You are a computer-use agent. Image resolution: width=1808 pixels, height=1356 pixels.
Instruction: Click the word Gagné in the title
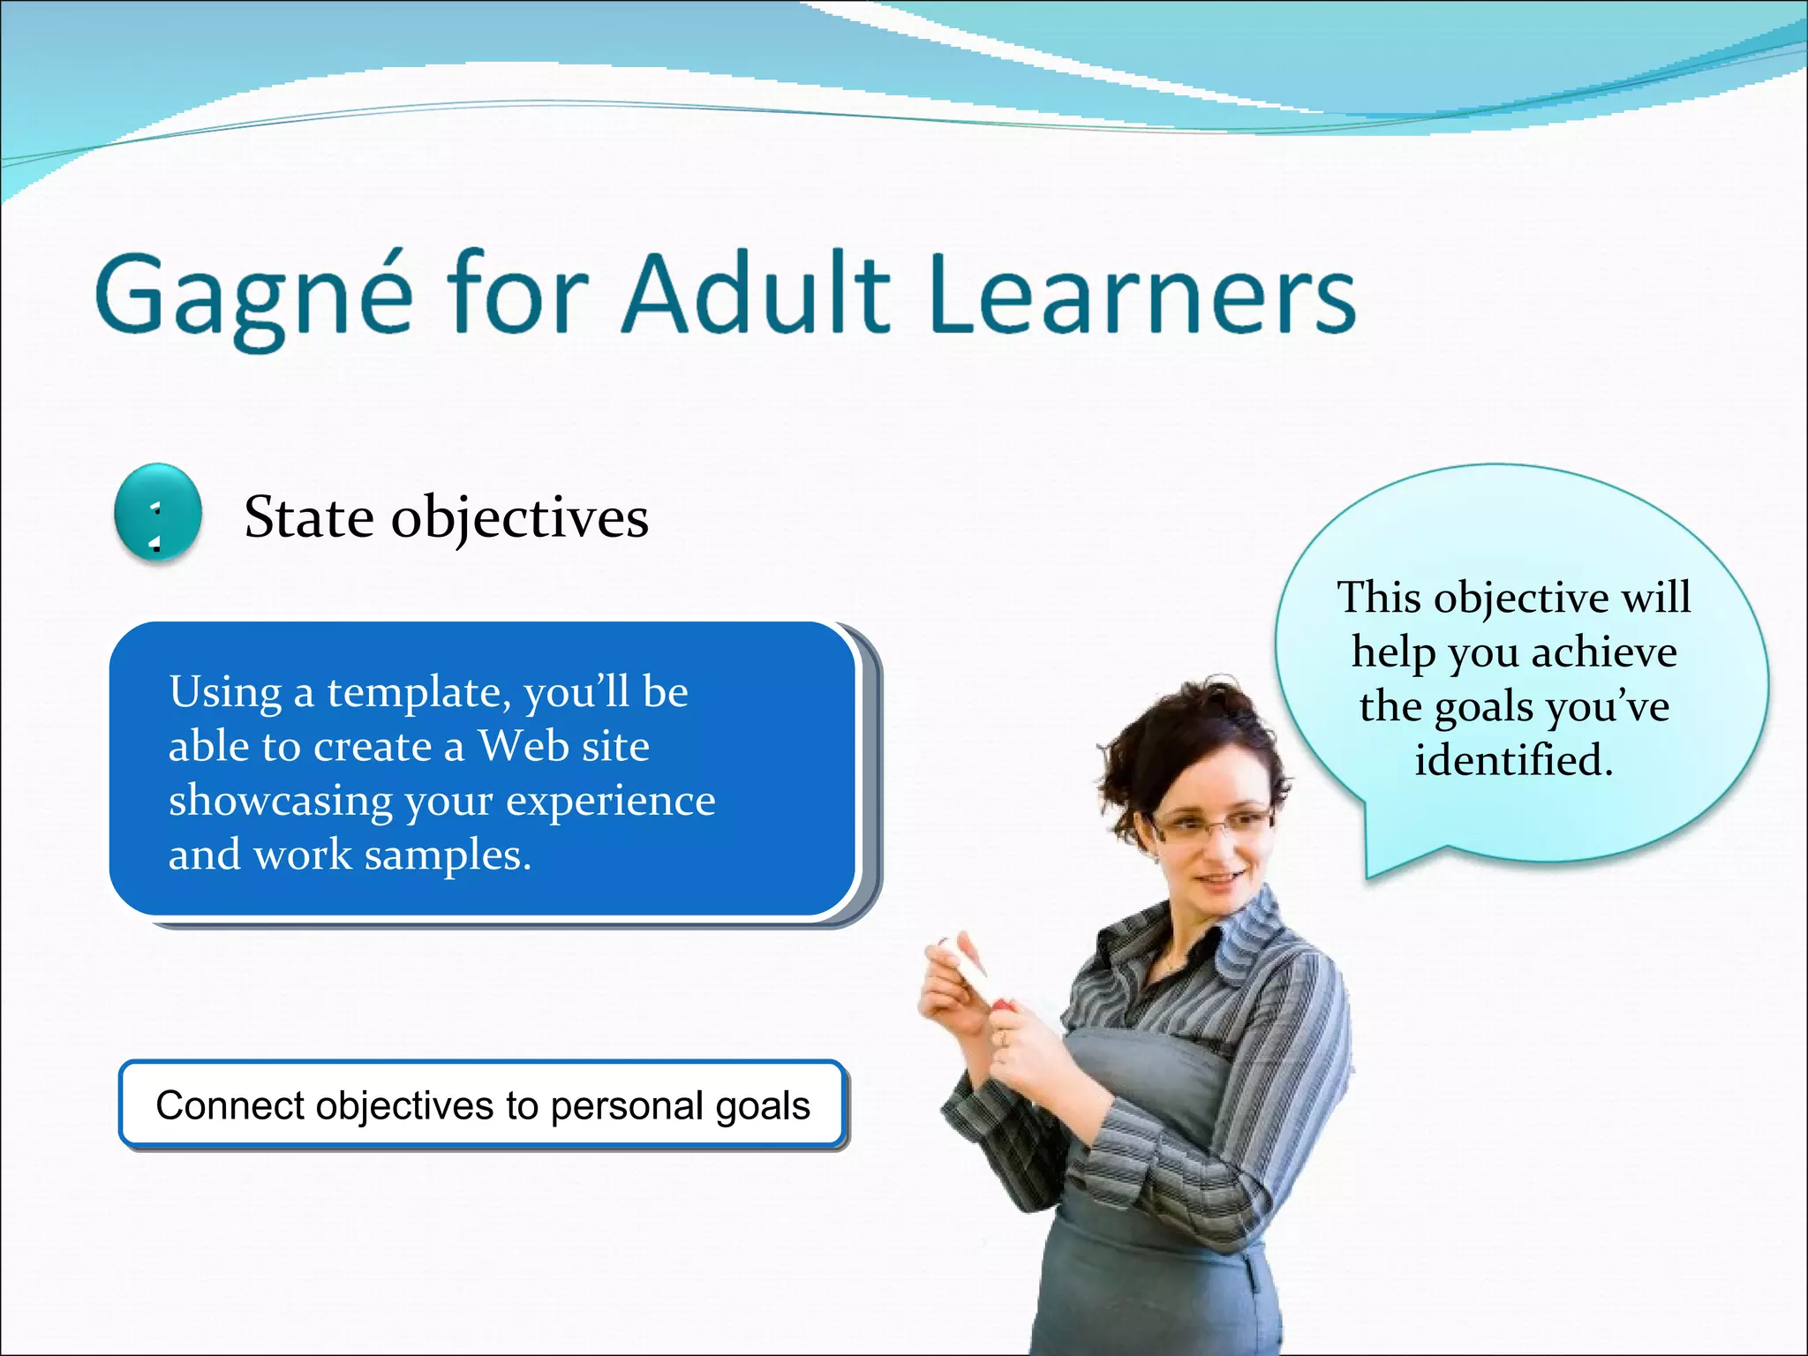pyautogui.click(x=253, y=296)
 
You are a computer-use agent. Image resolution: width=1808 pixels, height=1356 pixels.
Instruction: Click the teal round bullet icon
pyautogui.click(x=158, y=513)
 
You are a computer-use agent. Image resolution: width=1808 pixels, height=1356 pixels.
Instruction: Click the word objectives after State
pyautogui.click(x=520, y=518)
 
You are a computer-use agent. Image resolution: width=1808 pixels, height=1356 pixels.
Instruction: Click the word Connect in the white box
pyautogui.click(x=230, y=1105)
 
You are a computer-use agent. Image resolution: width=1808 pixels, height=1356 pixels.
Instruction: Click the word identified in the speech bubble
pyautogui.click(x=1513, y=760)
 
